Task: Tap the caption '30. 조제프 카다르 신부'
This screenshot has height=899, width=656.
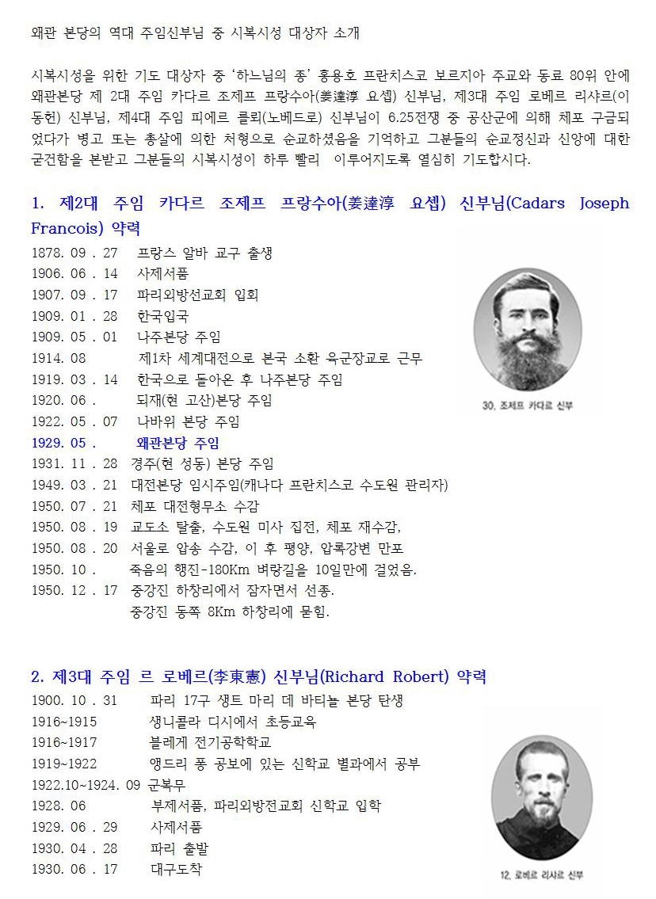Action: coord(527,406)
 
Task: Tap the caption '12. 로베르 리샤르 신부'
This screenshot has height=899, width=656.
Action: coord(542,874)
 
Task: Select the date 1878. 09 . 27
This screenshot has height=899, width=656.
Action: coord(74,253)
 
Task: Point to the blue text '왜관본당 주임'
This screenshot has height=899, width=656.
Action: coord(178,443)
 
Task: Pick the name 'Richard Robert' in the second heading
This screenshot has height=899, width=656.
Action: coord(383,676)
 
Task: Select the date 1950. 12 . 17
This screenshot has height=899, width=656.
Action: coord(74,591)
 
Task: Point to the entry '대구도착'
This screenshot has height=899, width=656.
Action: coord(176,869)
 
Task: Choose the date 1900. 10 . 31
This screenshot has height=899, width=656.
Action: coord(74,701)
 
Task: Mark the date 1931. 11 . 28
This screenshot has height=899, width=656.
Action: coord(74,464)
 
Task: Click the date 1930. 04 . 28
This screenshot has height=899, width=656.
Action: coord(74,848)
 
